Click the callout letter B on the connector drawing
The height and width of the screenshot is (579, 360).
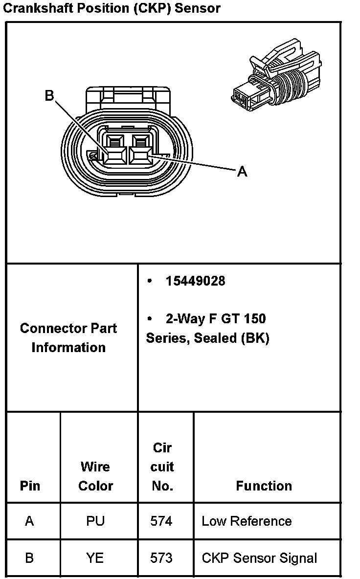coord(49,95)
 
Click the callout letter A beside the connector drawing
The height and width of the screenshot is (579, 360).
coord(242,172)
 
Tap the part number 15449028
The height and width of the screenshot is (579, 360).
coord(195,281)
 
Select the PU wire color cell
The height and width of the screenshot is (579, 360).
coord(95,521)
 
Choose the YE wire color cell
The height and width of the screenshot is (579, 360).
coord(95,558)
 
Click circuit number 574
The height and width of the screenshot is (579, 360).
coord(161,521)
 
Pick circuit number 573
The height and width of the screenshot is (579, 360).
coord(161,558)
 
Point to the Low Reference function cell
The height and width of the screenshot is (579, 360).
coord(247,521)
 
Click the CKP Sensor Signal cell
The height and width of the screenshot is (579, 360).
coord(259,558)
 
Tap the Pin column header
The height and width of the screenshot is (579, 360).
coord(30,486)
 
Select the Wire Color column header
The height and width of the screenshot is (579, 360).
coord(95,476)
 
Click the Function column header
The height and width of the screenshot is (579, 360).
coord(264,486)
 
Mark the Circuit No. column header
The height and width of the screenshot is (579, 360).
coord(162,467)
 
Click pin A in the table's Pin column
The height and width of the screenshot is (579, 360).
coord(29,521)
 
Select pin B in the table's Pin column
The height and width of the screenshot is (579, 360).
coord(29,558)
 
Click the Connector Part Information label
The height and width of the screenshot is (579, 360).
coord(68,338)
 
